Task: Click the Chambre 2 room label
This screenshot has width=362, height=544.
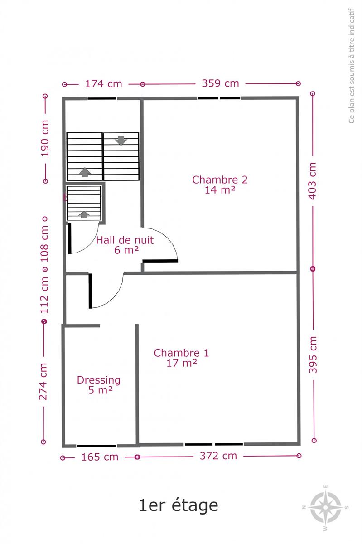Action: [220, 185]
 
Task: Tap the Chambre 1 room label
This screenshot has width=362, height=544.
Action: [181, 358]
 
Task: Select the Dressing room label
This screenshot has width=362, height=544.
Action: [99, 385]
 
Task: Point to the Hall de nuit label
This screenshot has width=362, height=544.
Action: [125, 245]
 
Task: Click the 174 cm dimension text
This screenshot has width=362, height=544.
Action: [103, 84]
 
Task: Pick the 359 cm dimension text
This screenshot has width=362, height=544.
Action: [221, 83]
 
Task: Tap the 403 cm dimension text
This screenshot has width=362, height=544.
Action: [313, 181]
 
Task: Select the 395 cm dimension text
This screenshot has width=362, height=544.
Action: [313, 355]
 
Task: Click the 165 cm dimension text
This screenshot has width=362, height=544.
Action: [100, 457]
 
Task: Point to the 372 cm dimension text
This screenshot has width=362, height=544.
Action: [218, 456]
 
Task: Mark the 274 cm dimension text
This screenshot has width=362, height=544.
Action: [43, 382]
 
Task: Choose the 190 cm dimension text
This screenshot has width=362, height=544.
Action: [45, 138]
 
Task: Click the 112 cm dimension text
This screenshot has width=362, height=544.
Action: [44, 295]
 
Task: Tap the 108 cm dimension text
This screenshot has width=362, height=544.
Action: [44, 244]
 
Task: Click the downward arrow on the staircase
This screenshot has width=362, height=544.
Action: [121, 141]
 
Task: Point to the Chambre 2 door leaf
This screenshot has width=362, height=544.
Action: [160, 261]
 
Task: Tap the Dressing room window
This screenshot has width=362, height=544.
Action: [97, 446]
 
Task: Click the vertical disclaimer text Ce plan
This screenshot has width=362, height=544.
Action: [352, 66]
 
